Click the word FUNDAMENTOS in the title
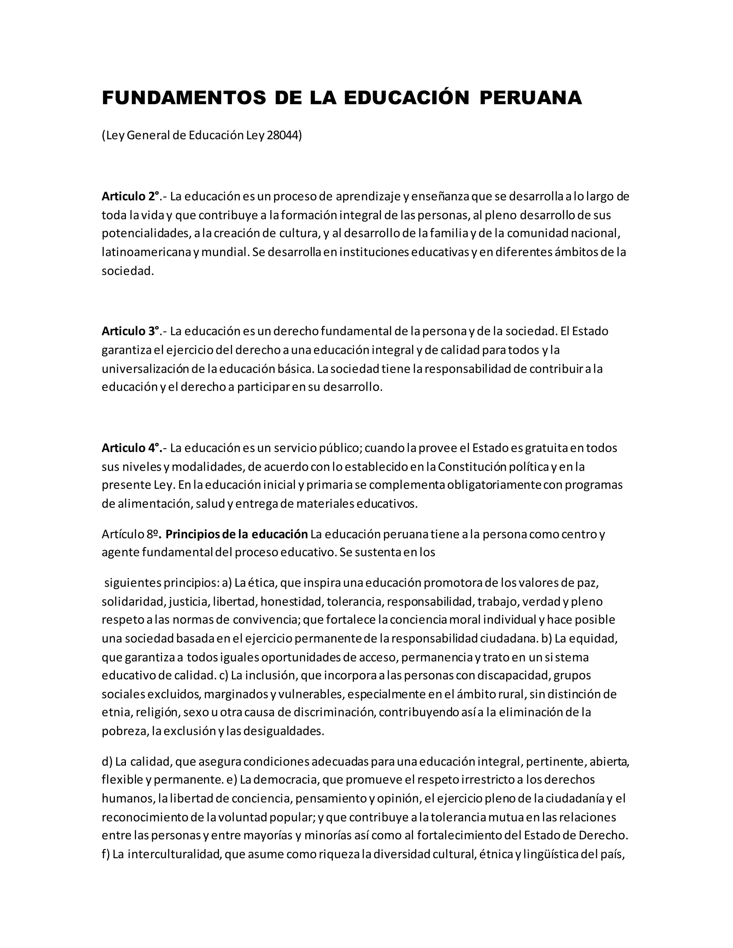click(x=184, y=98)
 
